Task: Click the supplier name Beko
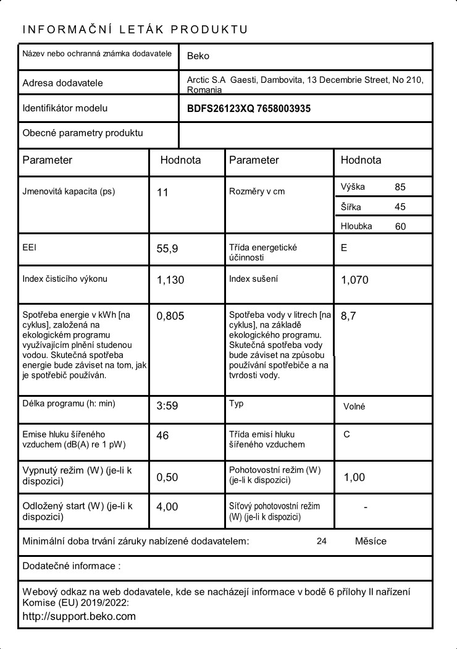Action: click(198, 56)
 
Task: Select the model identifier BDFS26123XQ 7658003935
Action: click(248, 109)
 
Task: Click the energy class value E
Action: click(344, 248)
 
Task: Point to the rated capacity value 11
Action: click(162, 193)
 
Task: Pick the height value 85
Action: click(400, 187)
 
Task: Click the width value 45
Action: click(400, 207)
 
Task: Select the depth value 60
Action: click(400, 227)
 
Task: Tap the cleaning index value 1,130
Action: click(170, 280)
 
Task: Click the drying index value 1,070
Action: click(354, 280)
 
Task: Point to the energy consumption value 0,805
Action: click(170, 316)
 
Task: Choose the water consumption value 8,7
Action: click(348, 316)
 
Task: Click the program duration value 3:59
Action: click(167, 406)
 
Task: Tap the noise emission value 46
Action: click(162, 436)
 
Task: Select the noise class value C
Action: click(346, 435)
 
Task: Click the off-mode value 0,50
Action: click(167, 477)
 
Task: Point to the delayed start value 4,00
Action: click(167, 507)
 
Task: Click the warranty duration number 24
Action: click(321, 541)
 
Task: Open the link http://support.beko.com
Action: click(79, 616)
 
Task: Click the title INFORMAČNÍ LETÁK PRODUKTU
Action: click(135, 30)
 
